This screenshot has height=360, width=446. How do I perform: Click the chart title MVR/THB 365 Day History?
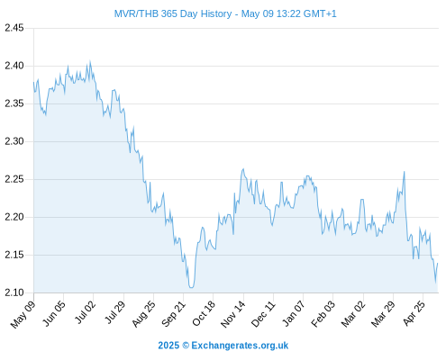click(x=173, y=14)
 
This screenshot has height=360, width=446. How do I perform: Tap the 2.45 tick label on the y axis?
click(x=14, y=28)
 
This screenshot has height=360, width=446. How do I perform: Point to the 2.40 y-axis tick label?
click(x=14, y=66)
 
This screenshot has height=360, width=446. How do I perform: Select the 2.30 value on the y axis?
click(x=14, y=141)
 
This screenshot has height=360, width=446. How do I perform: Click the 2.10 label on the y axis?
click(x=14, y=292)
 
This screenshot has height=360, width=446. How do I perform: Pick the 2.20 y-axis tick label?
click(x=14, y=217)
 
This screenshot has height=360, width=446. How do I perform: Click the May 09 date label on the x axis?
click(x=23, y=314)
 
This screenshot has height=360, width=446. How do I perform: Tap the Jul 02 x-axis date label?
click(x=85, y=312)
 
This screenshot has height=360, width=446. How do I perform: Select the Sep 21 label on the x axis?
click(x=174, y=314)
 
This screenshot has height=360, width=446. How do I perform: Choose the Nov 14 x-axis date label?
click(x=233, y=314)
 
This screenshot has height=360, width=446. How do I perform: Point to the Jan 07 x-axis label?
click(x=294, y=313)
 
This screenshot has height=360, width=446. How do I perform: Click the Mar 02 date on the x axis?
click(x=353, y=314)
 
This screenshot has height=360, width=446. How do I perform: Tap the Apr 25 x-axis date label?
click(x=414, y=313)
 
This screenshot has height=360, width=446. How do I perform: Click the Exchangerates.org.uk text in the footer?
click(x=240, y=346)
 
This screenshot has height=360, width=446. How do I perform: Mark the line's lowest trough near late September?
click(x=191, y=287)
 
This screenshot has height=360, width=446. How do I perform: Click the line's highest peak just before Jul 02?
click(x=90, y=61)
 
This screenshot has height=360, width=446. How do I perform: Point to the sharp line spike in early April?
click(x=405, y=172)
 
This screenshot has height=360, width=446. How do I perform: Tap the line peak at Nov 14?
click(x=243, y=169)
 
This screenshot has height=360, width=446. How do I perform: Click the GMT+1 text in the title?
click(x=320, y=14)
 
